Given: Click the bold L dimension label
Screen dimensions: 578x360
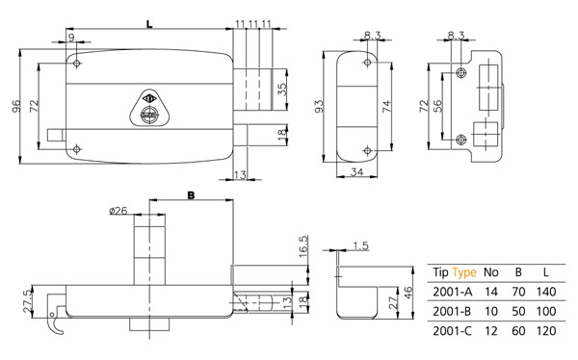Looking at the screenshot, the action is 149,25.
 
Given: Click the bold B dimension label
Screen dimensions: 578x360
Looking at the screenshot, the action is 191,195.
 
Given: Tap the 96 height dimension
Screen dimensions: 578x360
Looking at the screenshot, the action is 15,106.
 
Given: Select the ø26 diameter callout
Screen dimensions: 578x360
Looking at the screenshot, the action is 118,211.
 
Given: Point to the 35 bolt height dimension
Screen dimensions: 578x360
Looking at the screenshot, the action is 282,90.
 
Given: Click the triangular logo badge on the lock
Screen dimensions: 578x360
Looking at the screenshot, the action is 149,108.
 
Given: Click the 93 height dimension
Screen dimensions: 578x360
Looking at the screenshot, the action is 319,106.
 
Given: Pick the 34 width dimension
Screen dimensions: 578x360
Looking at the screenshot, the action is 356,171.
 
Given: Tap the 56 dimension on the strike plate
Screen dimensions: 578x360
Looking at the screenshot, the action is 437,106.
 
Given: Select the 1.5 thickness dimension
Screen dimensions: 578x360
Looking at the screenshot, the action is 361,245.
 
